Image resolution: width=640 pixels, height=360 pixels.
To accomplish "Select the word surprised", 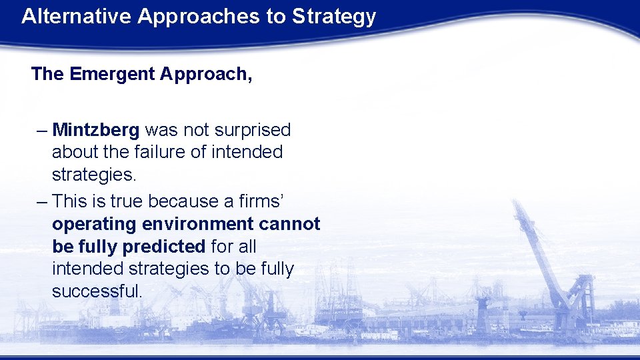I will click(253, 129).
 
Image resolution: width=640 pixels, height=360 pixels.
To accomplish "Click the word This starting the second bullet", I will click(69, 201).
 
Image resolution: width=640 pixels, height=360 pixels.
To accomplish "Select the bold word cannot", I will click(293, 224).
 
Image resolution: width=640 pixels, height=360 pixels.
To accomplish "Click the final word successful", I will click(97, 292).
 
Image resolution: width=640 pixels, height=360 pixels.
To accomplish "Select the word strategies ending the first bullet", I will click(94, 175).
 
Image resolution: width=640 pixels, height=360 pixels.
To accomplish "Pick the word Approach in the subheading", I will click(205, 74).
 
